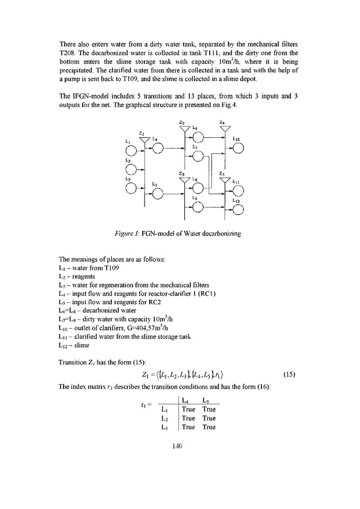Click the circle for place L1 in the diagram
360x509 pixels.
(131, 151)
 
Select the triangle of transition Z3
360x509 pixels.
(185, 181)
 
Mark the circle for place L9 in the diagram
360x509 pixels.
(198, 208)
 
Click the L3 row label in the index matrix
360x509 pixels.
(164, 427)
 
